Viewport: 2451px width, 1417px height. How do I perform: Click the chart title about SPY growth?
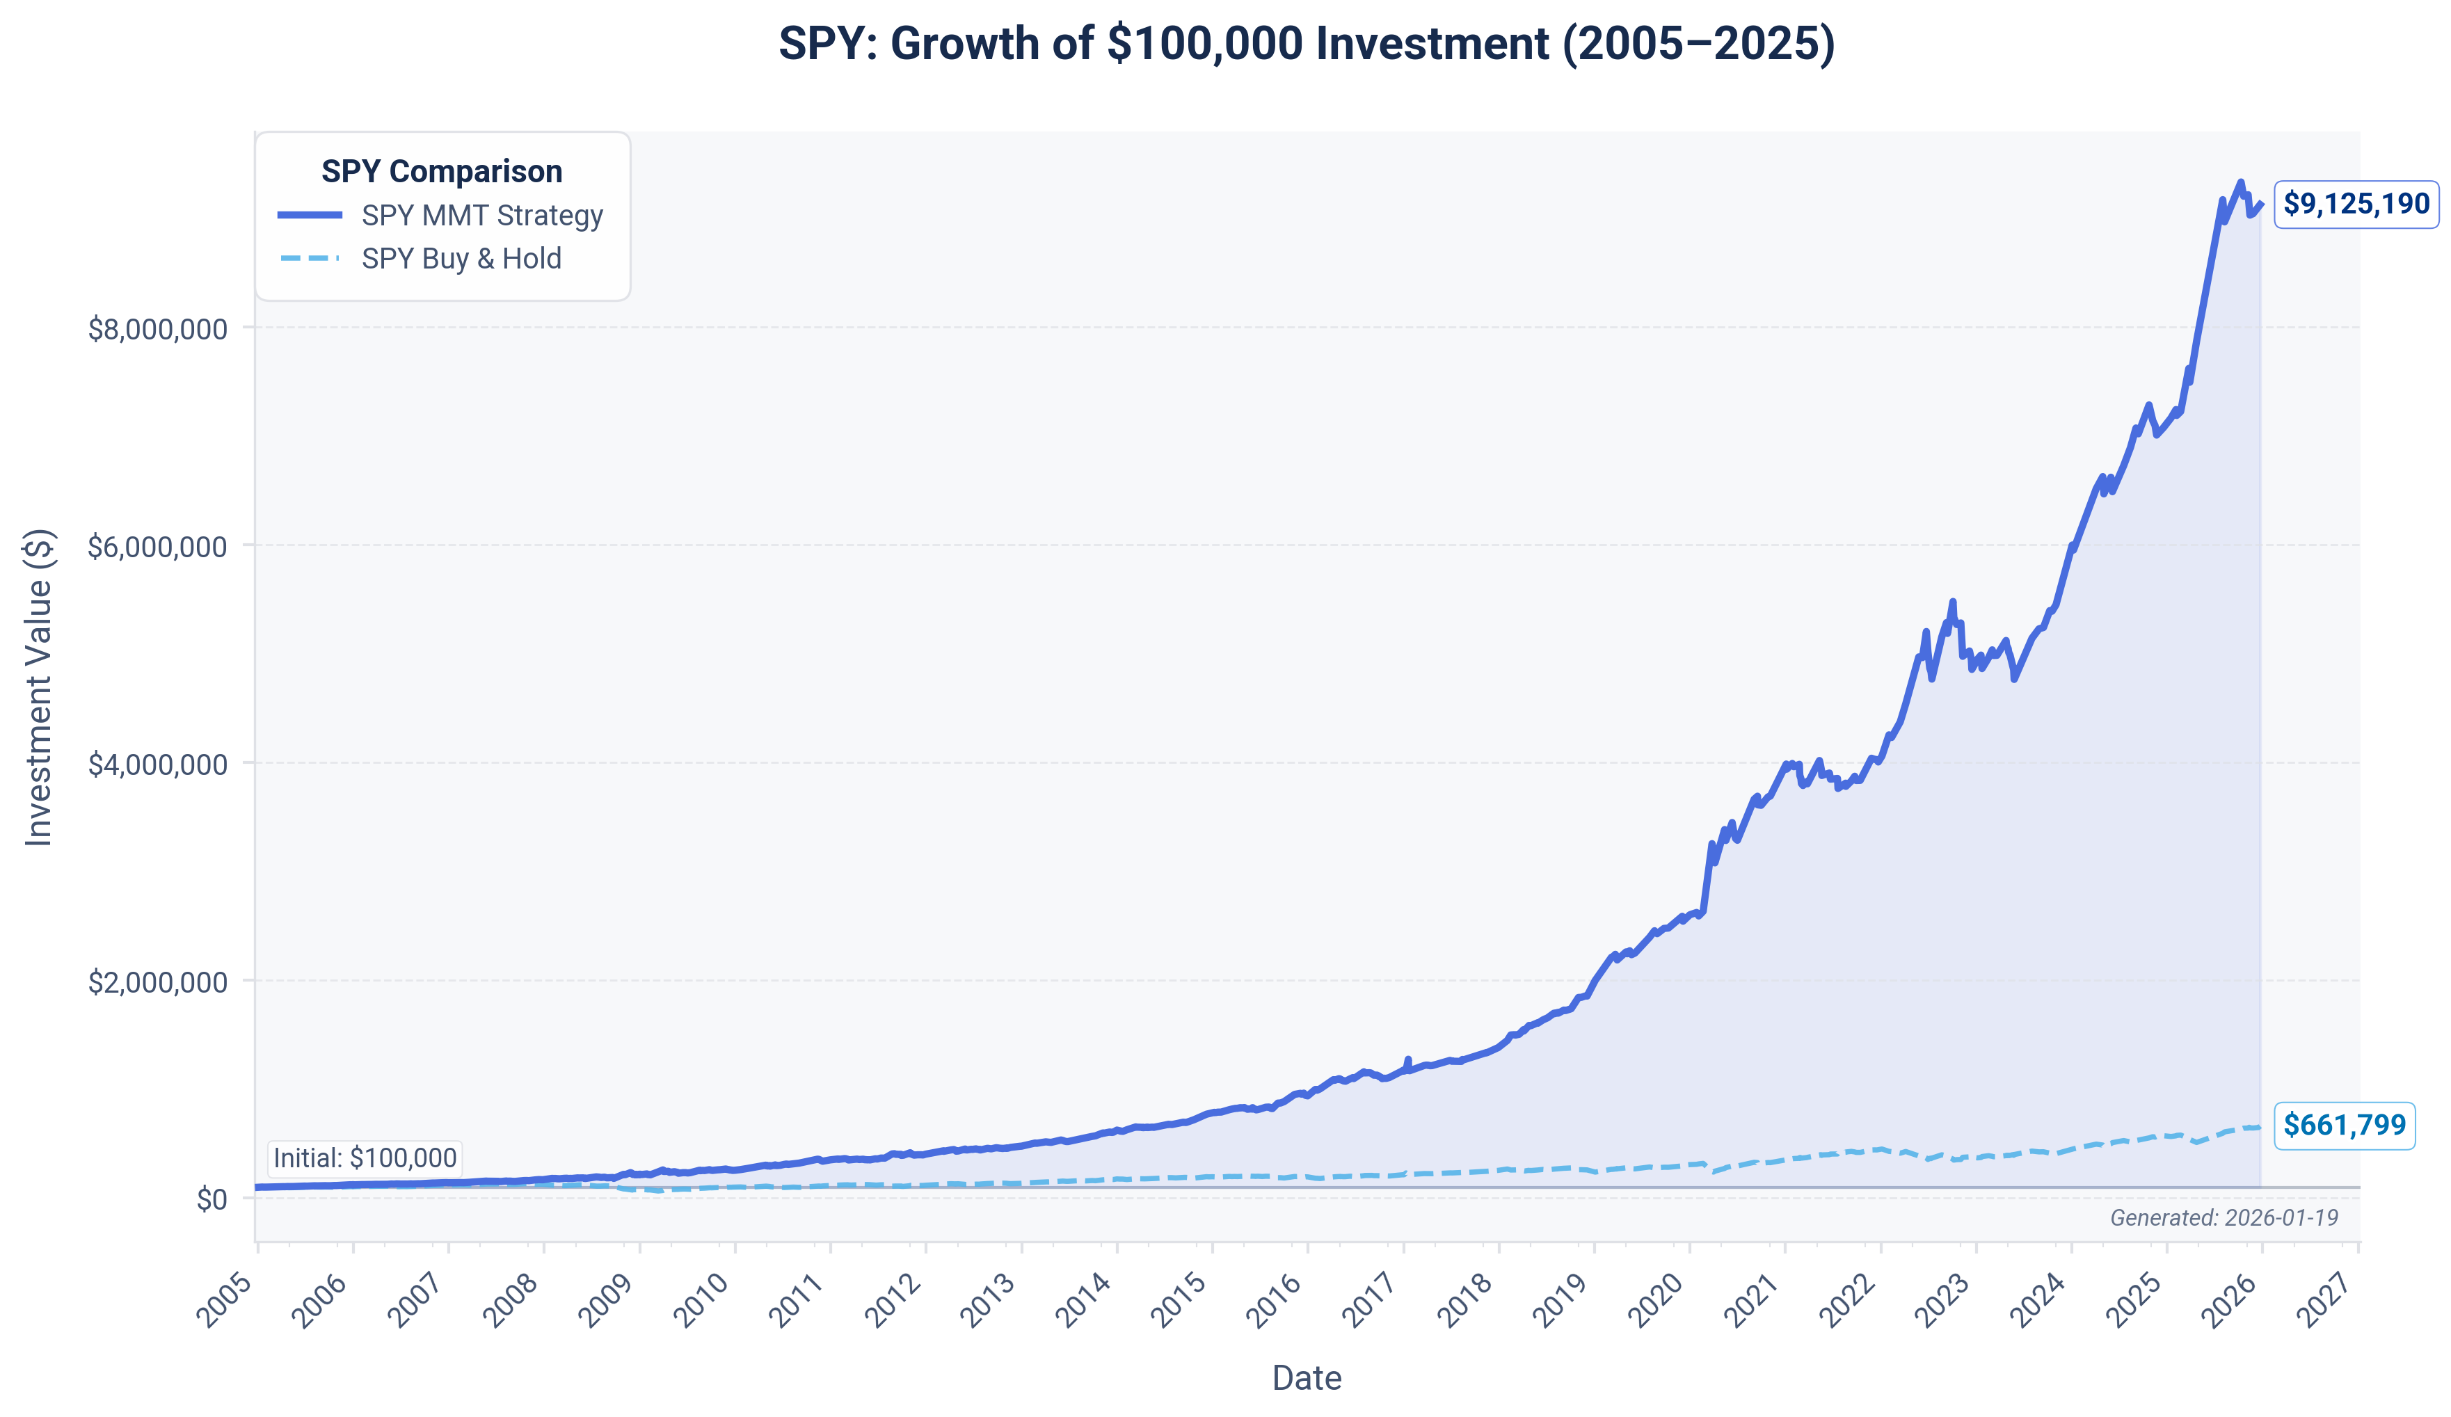[1307, 45]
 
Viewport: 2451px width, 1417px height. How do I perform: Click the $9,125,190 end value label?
[2355, 205]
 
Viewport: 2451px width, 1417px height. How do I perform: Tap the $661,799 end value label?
[2343, 1126]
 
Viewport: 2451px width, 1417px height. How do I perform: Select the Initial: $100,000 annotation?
[365, 1158]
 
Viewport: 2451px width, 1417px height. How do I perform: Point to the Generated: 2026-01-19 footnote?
[2224, 1217]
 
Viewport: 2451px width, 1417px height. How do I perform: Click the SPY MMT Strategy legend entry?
[481, 215]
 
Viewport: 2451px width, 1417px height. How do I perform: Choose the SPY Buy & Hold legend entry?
[461, 259]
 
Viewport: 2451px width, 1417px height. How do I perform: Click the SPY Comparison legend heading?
[442, 171]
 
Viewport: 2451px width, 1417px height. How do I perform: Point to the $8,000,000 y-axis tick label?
[157, 329]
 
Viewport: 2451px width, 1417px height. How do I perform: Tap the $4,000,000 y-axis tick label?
[157, 764]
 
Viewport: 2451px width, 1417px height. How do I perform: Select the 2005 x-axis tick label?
[225, 1299]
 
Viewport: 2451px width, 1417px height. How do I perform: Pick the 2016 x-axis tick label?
[1275, 1299]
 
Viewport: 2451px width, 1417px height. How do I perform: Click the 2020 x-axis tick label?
[1656, 1299]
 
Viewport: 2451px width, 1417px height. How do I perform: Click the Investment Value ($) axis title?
[38, 687]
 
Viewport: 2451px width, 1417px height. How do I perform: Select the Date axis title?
[1307, 1378]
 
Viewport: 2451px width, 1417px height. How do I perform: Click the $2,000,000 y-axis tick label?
[157, 982]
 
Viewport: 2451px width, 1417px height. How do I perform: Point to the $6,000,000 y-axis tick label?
[157, 547]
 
